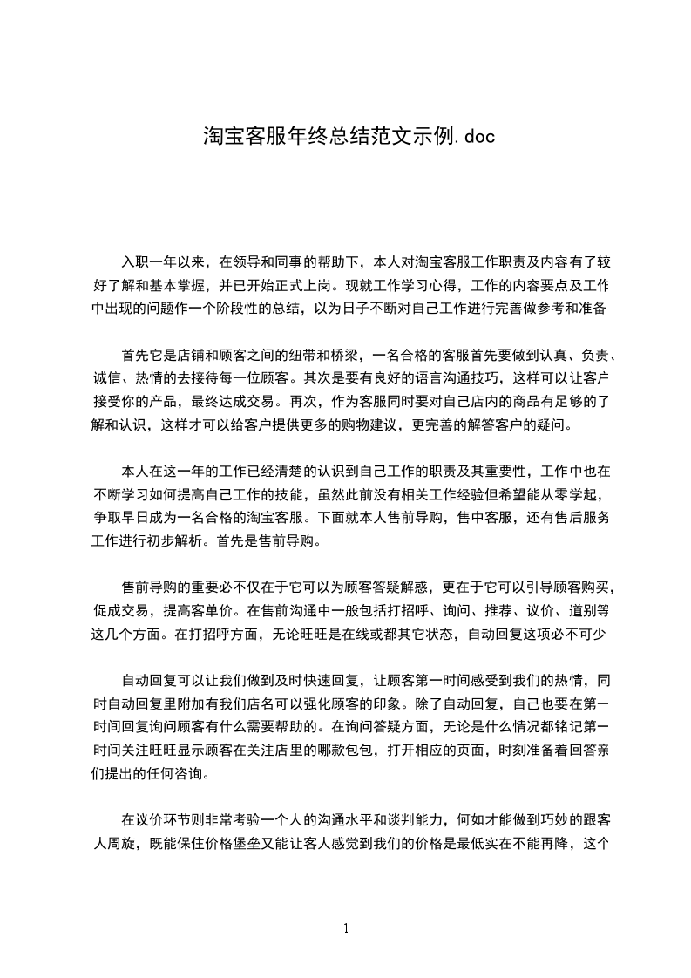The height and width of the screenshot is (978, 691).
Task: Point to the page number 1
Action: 346,928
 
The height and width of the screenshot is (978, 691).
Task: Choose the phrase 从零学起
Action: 583,495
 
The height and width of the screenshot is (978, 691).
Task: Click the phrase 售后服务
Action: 583,519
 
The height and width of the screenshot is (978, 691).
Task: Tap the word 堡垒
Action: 259,845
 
